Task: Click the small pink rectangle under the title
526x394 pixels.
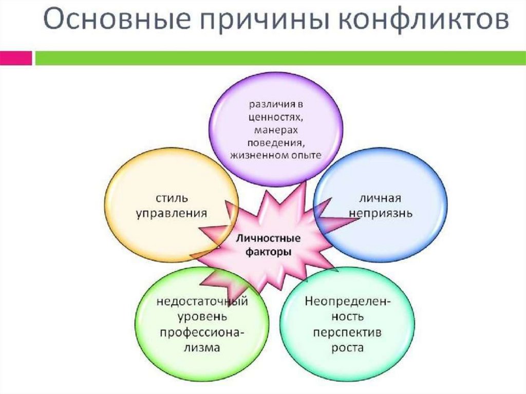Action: click(x=16, y=58)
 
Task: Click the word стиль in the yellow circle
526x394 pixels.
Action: click(x=171, y=198)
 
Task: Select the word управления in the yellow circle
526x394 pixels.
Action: click(x=171, y=213)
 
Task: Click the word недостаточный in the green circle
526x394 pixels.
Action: click(x=202, y=301)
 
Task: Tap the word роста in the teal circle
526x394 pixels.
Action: click(x=347, y=348)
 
